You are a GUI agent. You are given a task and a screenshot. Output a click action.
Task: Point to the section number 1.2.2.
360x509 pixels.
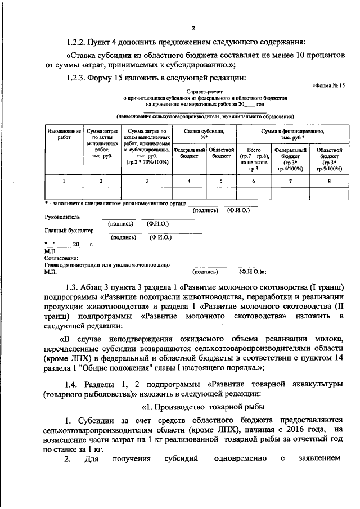click(76, 42)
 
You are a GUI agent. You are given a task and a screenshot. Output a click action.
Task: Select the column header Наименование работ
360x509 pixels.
click(64, 134)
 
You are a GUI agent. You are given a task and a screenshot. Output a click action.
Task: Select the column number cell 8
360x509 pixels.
click(330, 181)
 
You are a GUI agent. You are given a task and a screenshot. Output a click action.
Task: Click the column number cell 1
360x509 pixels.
click(64, 181)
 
